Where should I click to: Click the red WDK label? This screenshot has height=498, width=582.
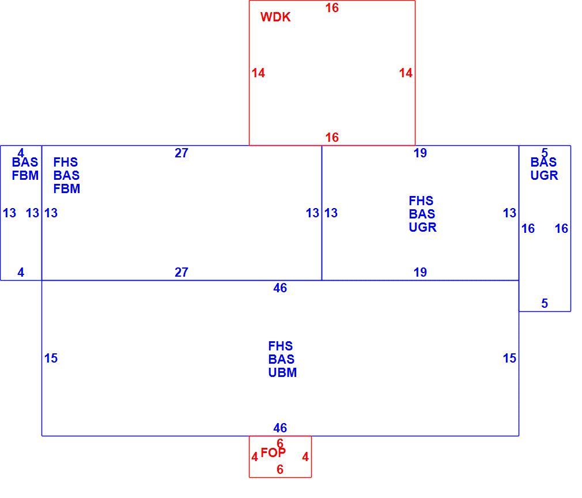(x=275, y=17)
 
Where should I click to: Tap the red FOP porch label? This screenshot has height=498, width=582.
(x=273, y=452)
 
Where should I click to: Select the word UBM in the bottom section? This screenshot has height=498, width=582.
(x=282, y=372)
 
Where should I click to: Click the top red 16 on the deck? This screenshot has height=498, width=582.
(x=332, y=8)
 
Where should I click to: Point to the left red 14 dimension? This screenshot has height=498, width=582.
(x=258, y=73)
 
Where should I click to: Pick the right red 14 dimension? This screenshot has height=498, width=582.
(x=406, y=73)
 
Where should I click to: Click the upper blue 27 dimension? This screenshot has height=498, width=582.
(x=182, y=153)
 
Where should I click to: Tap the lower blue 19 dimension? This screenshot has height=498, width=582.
(x=420, y=272)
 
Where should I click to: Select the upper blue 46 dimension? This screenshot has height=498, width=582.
(x=280, y=288)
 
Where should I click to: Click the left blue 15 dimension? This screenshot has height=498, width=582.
(x=51, y=359)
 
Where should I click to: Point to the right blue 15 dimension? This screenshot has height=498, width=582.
(x=509, y=359)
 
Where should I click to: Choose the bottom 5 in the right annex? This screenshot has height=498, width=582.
(x=545, y=303)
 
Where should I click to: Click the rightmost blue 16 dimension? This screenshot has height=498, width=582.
(x=562, y=228)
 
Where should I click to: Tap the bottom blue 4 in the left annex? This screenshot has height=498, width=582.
(x=21, y=272)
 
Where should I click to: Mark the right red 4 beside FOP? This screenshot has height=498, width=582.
(x=305, y=456)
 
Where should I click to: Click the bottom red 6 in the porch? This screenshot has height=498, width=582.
(x=280, y=469)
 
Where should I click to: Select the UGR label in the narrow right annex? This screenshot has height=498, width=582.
(x=544, y=175)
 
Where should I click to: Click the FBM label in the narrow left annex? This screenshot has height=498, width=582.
(x=25, y=175)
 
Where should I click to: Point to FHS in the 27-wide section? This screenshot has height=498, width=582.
(x=66, y=162)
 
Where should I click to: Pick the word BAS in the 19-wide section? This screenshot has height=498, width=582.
(x=422, y=214)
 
